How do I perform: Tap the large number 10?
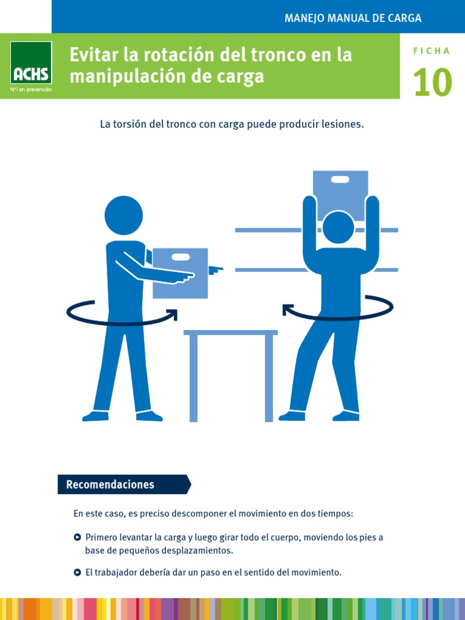432,83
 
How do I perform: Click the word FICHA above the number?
432,51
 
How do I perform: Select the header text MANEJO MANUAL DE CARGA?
353,18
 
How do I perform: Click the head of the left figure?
124,215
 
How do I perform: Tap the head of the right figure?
338,228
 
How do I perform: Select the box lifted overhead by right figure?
340,188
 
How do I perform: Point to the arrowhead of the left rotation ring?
173,314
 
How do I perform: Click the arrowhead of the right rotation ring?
288,311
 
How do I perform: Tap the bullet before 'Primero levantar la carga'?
77,537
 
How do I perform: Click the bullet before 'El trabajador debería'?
77,572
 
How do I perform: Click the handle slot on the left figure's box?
180,257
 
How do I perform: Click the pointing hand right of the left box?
215,269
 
